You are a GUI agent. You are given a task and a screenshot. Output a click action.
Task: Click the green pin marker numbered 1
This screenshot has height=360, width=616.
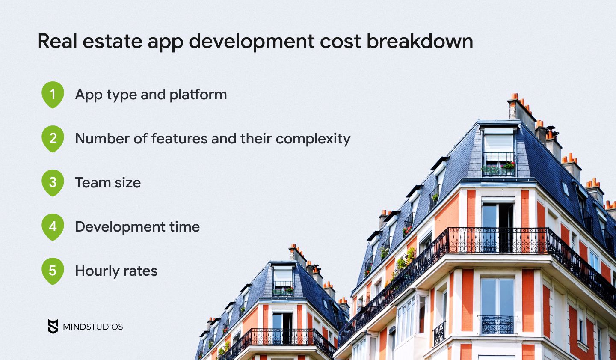point(53,95)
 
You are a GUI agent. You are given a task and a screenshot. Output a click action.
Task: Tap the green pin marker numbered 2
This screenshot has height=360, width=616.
point(53,138)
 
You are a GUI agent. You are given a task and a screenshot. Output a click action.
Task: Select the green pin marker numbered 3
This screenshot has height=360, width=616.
point(53,182)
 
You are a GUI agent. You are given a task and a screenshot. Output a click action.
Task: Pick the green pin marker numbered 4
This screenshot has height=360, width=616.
point(53,226)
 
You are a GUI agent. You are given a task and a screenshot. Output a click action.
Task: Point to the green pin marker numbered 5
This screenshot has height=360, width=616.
point(53,271)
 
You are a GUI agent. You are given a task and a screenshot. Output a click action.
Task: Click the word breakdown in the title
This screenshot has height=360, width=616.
point(420,41)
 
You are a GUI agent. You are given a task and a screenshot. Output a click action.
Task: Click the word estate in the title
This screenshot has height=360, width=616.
point(112,41)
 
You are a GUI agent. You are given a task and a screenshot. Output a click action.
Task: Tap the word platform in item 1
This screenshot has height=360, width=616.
point(198,95)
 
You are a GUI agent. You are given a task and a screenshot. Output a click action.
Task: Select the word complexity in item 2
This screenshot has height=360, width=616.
point(313,139)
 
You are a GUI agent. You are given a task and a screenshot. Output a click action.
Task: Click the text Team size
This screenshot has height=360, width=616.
point(108,182)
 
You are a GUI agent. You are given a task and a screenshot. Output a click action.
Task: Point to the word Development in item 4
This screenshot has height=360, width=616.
point(120,227)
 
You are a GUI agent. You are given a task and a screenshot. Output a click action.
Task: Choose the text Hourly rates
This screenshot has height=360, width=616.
point(116,271)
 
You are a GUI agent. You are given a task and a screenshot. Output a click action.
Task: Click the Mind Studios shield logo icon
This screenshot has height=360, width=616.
point(53,327)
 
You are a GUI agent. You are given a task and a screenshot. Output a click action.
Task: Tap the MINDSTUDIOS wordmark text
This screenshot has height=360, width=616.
point(93,327)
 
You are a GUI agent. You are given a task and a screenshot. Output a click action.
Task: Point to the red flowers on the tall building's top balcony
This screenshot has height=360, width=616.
point(508,166)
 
